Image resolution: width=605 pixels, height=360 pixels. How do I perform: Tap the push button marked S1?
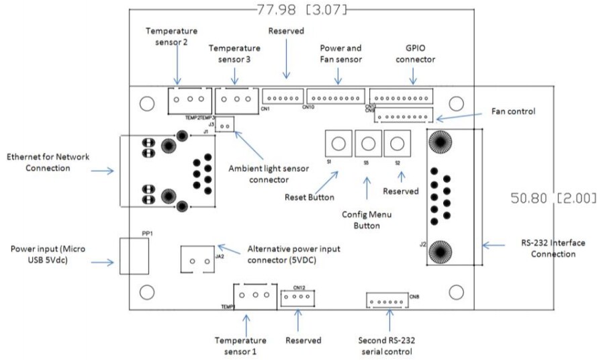338,143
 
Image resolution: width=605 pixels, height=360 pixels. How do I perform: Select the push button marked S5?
367,143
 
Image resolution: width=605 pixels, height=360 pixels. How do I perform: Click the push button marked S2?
397,143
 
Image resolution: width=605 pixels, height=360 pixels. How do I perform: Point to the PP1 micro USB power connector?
134,256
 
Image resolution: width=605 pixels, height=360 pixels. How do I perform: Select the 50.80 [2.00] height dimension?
554,198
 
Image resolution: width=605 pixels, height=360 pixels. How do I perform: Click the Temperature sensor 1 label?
240,345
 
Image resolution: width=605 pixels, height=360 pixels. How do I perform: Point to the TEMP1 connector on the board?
254,295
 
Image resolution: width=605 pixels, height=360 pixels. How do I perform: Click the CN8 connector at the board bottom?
387,300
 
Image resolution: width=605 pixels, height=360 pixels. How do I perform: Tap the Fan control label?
513,111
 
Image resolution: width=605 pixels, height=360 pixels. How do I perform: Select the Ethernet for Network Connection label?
48,162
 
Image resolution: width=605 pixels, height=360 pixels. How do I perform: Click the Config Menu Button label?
367,220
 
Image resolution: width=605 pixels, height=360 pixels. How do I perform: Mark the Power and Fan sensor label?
340,53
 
